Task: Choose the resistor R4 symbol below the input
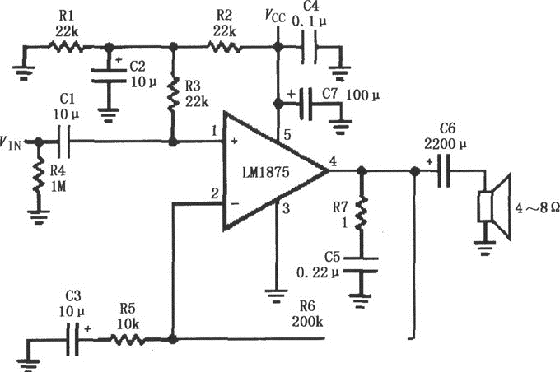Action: click(37, 177)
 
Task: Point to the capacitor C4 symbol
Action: click(310, 47)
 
